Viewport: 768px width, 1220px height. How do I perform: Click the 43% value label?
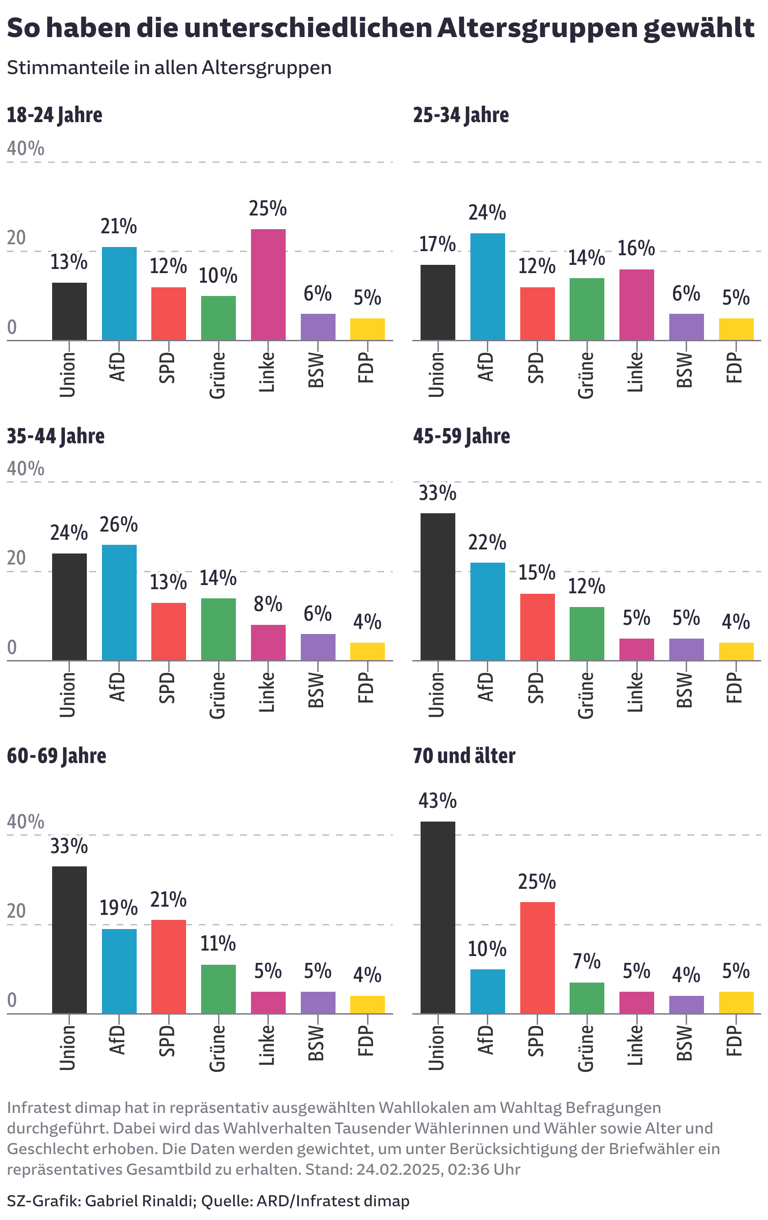pos(437,801)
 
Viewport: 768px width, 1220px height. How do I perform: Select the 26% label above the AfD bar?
pos(118,525)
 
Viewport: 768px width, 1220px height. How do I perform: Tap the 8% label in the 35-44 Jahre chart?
pos(268,604)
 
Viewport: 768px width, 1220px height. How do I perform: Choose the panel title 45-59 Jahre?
pos(461,436)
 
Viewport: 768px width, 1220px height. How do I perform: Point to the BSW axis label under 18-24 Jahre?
pos(316,370)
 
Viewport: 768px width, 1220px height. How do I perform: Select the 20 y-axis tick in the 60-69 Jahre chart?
pos(17,911)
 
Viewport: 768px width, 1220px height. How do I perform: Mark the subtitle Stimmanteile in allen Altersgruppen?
pos(169,67)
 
